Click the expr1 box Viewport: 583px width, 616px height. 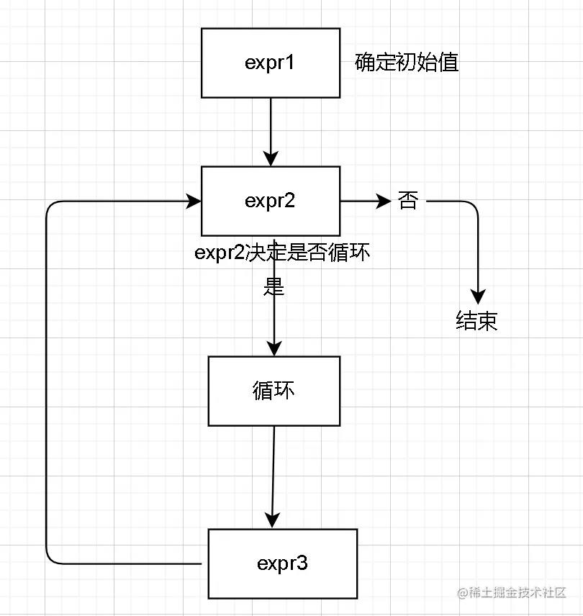click(x=270, y=63)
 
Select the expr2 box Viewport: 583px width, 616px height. click(x=270, y=201)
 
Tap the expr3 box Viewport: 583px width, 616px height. click(x=283, y=563)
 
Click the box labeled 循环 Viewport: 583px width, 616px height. click(x=274, y=391)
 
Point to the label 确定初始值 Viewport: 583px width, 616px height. click(x=407, y=63)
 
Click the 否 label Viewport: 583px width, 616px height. click(x=407, y=201)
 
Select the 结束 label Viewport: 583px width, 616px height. click(x=476, y=321)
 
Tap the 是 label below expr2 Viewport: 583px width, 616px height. click(x=274, y=288)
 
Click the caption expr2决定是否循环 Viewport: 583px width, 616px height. click(x=283, y=253)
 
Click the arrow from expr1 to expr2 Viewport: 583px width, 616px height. click(x=270, y=130)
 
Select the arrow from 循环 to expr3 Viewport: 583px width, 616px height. click(x=273, y=475)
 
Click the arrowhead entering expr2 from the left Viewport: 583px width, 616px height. click(x=194, y=201)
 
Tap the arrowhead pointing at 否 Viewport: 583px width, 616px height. click(x=383, y=201)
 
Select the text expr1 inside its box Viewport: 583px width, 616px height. click(x=270, y=63)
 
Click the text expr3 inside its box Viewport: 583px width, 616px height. click(x=283, y=563)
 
